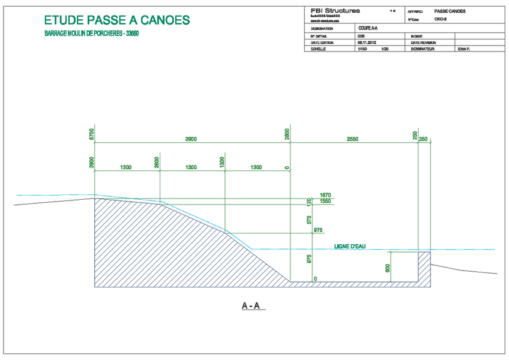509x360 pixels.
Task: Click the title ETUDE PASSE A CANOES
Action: click(x=117, y=20)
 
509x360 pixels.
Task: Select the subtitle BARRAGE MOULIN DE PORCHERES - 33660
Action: click(x=92, y=34)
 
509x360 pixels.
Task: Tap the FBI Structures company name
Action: click(x=336, y=11)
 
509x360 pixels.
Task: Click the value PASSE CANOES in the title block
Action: click(x=450, y=11)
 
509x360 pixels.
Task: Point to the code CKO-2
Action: click(x=441, y=19)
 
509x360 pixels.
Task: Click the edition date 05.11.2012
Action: click(x=367, y=43)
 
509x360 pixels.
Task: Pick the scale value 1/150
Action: click(x=362, y=49)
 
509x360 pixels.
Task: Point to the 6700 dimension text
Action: click(x=92, y=134)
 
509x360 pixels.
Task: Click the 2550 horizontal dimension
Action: click(x=352, y=139)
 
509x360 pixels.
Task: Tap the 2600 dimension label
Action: click(x=157, y=162)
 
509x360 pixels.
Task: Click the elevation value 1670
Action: click(x=326, y=195)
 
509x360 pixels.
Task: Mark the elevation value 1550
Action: click(x=326, y=202)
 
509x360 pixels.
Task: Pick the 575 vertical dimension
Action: click(x=310, y=220)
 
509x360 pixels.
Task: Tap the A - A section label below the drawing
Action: click(x=250, y=306)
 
